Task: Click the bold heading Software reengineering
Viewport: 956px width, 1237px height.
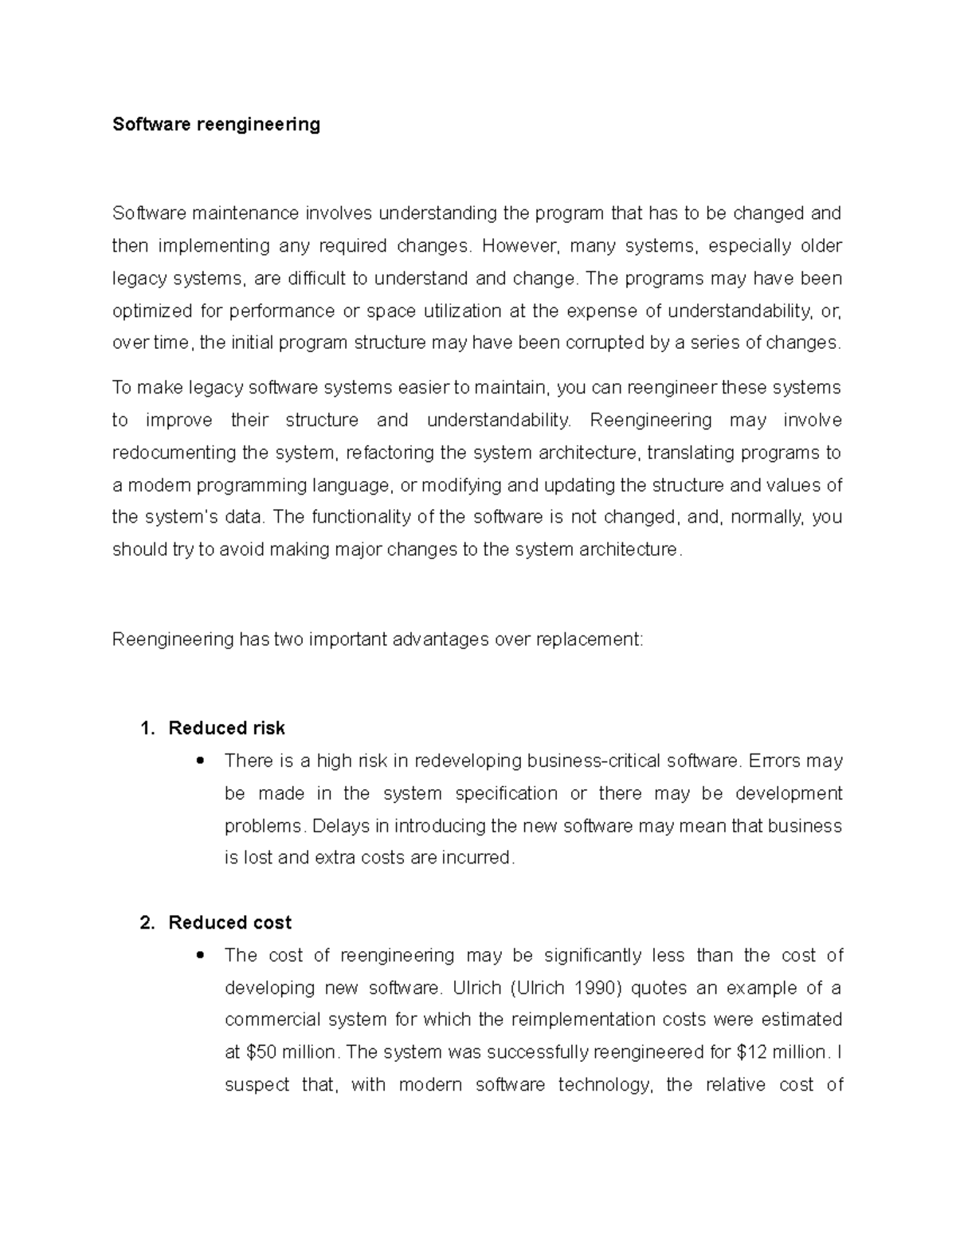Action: click(216, 124)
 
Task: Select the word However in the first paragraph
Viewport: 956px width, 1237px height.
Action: click(515, 246)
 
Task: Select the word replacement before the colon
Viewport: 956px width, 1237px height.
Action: click(592, 640)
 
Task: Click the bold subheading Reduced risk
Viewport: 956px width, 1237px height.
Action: click(226, 728)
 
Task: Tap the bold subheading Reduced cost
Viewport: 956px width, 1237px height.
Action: click(229, 922)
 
